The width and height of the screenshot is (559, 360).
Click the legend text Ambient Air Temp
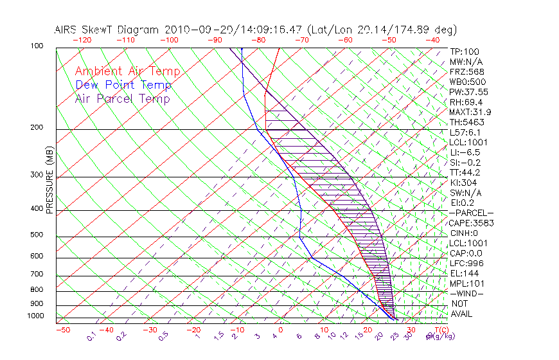(x=127, y=71)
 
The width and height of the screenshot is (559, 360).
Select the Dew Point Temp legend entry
(x=123, y=85)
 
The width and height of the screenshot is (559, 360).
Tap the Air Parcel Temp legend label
(x=122, y=98)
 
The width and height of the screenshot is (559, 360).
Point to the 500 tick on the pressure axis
(x=37, y=236)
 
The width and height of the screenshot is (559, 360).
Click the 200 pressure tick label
(x=37, y=128)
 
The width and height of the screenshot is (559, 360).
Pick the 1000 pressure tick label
(x=35, y=316)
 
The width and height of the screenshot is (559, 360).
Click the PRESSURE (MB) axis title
(x=49, y=180)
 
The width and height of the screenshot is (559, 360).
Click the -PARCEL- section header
(x=471, y=213)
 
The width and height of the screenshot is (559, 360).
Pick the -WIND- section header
(x=467, y=293)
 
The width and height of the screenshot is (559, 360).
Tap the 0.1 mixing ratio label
(x=91, y=336)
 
